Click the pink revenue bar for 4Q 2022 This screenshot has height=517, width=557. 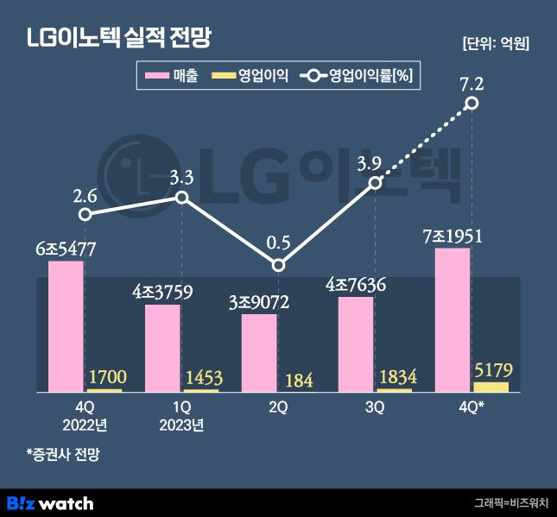coord(66,326)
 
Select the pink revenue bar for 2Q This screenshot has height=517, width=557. coord(259,353)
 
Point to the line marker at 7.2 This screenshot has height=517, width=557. coord(472,104)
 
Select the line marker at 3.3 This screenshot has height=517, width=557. coord(181,198)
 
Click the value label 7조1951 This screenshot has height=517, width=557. coord(453,236)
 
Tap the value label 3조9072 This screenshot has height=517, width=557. coord(259,302)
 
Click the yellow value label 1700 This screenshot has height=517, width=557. coord(105,376)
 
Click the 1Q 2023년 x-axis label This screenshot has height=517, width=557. coord(181,415)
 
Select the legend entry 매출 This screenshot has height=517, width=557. coord(173,77)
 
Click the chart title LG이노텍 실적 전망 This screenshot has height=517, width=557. coord(119,39)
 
